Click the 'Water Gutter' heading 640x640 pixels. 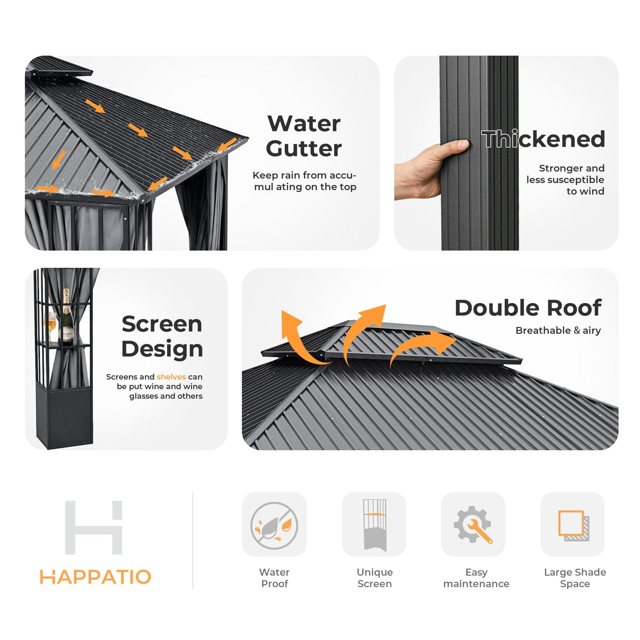(304, 136)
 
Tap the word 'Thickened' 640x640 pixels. (543, 139)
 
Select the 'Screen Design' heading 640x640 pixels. (162, 336)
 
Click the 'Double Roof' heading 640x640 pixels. (528, 308)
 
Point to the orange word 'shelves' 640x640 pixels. (171, 377)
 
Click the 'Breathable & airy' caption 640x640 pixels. (558, 331)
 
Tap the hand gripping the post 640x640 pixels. (427, 169)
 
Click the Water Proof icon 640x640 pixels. (274, 525)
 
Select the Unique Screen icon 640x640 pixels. (374, 525)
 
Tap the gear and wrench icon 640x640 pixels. (473, 525)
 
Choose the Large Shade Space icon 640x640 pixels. (573, 525)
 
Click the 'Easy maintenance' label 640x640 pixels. (476, 578)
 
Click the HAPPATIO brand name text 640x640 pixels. (95, 577)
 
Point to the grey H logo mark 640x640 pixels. (94, 527)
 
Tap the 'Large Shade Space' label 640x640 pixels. (575, 578)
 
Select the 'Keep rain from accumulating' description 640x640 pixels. (304, 181)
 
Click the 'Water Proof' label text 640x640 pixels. (274, 578)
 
